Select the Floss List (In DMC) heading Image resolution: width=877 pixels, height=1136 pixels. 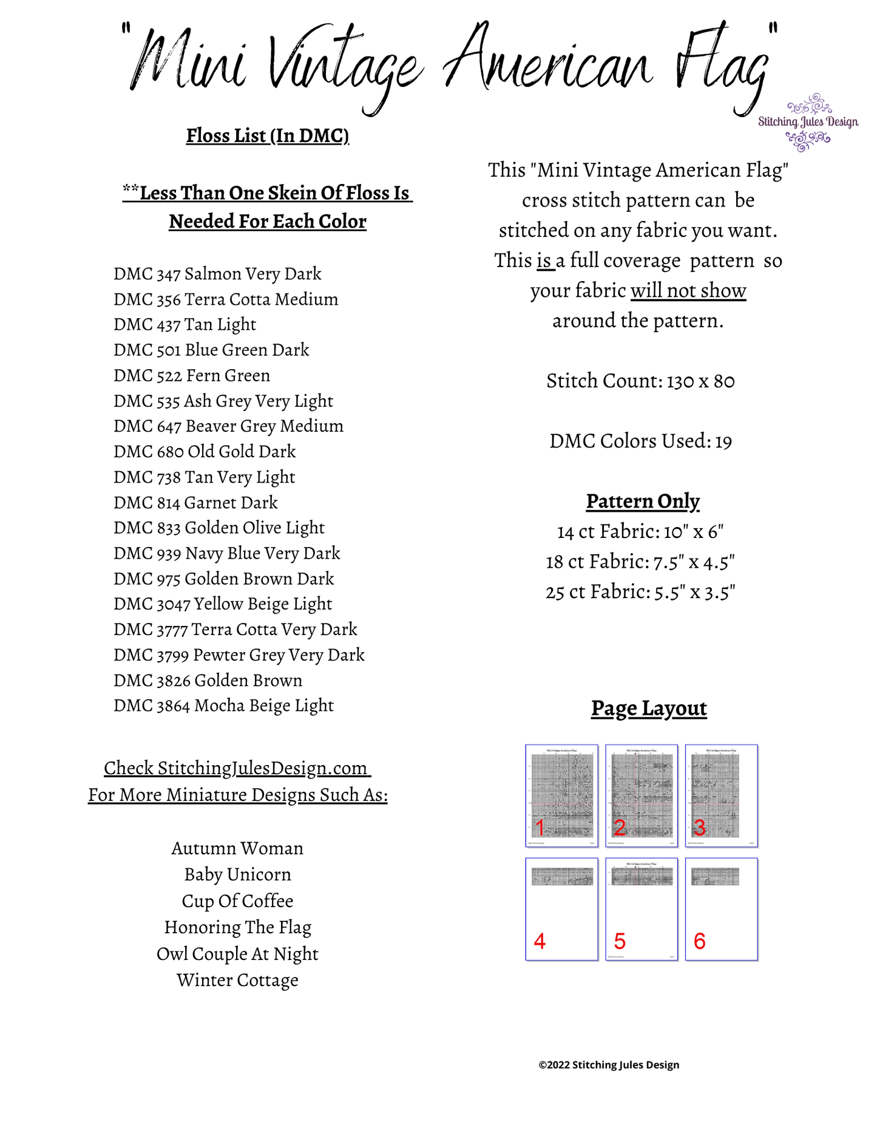268,135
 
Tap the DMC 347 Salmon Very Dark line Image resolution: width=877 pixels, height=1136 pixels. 217,274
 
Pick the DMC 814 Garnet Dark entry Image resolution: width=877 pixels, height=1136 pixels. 195,503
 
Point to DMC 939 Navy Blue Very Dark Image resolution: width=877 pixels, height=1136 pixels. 227,553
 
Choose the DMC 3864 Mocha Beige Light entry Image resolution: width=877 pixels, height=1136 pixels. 223,706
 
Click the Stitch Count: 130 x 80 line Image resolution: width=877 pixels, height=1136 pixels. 640,381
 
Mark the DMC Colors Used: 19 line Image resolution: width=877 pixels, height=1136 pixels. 640,441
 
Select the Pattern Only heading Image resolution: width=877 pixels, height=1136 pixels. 643,502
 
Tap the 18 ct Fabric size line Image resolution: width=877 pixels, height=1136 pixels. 640,562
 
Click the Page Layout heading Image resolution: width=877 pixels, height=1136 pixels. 649,709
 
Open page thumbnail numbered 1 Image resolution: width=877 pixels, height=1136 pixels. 561,795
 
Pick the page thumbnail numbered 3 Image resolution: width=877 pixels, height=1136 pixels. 722,795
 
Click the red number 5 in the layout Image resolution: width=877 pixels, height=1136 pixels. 619,941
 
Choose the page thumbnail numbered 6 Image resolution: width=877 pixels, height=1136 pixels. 722,909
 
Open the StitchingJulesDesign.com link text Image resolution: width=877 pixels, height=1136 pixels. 237,768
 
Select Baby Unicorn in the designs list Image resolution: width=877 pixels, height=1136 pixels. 237,875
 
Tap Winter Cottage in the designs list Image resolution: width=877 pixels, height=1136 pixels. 237,981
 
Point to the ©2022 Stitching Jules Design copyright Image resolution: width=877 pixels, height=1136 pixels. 609,1065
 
